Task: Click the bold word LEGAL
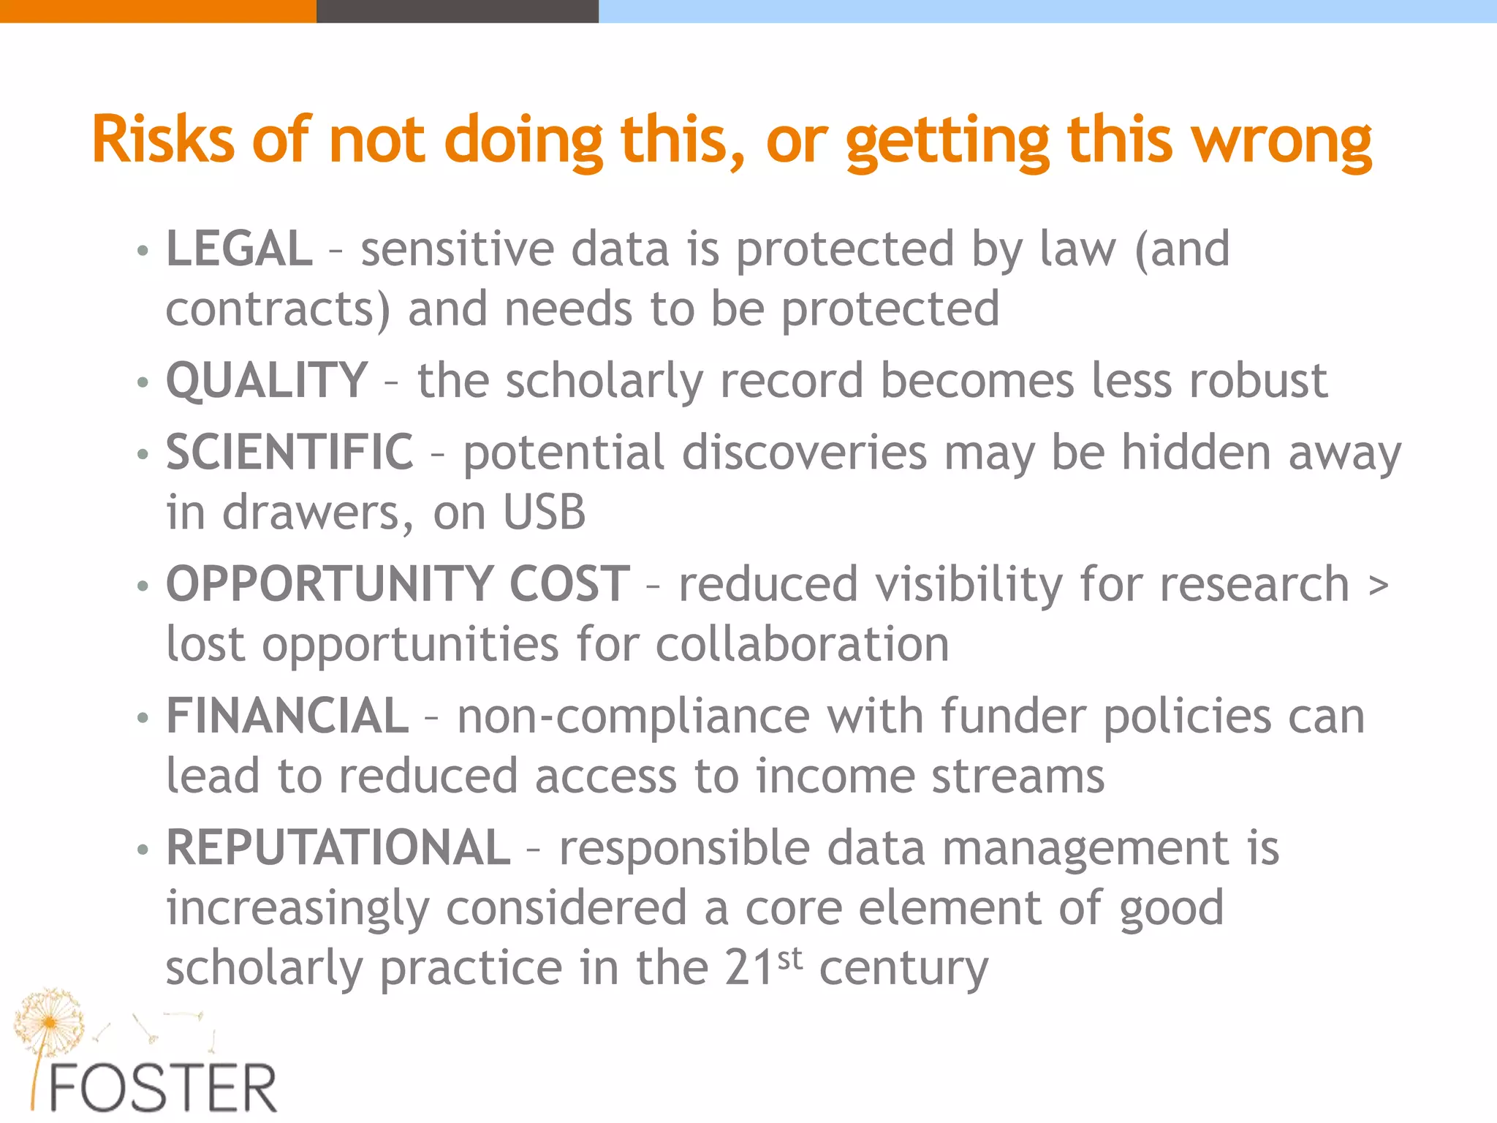(239, 249)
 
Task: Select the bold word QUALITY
(267, 380)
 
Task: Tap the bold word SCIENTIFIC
(289, 452)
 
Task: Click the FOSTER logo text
(162, 1088)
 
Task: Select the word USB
(545, 512)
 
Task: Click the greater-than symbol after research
(1378, 585)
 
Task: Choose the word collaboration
(802, 644)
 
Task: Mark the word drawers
(311, 512)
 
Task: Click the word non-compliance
(633, 716)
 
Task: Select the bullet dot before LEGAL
(143, 252)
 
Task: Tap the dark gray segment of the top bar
(458, 11)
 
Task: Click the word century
(903, 969)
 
